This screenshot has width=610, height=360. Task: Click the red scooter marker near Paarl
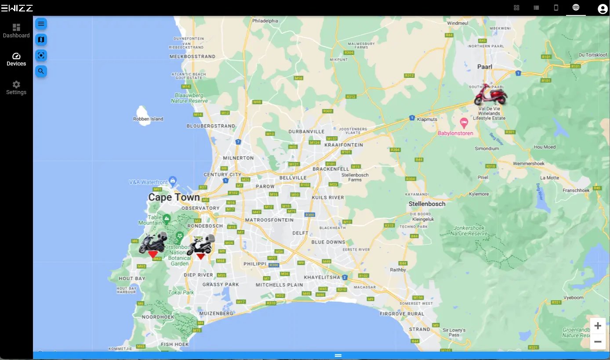[490, 95]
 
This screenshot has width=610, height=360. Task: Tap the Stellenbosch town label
[427, 204]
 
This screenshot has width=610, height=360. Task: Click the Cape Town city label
[174, 197]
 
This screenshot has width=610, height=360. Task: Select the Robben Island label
[148, 119]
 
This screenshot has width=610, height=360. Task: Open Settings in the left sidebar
[16, 88]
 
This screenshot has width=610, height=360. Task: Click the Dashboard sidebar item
[16, 31]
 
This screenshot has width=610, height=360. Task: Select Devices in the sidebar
[16, 59]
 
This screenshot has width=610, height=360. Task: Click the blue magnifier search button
[41, 71]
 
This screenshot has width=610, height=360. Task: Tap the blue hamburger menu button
[41, 24]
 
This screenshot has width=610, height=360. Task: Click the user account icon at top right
[602, 8]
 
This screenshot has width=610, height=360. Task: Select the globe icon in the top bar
[576, 7]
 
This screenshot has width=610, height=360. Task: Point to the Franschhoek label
[576, 191]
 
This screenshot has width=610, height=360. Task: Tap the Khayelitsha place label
[322, 277]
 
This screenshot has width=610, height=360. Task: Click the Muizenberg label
[216, 314]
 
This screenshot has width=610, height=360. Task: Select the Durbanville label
[307, 131]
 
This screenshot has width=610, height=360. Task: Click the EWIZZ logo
[17, 8]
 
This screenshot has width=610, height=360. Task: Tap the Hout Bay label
[132, 279]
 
